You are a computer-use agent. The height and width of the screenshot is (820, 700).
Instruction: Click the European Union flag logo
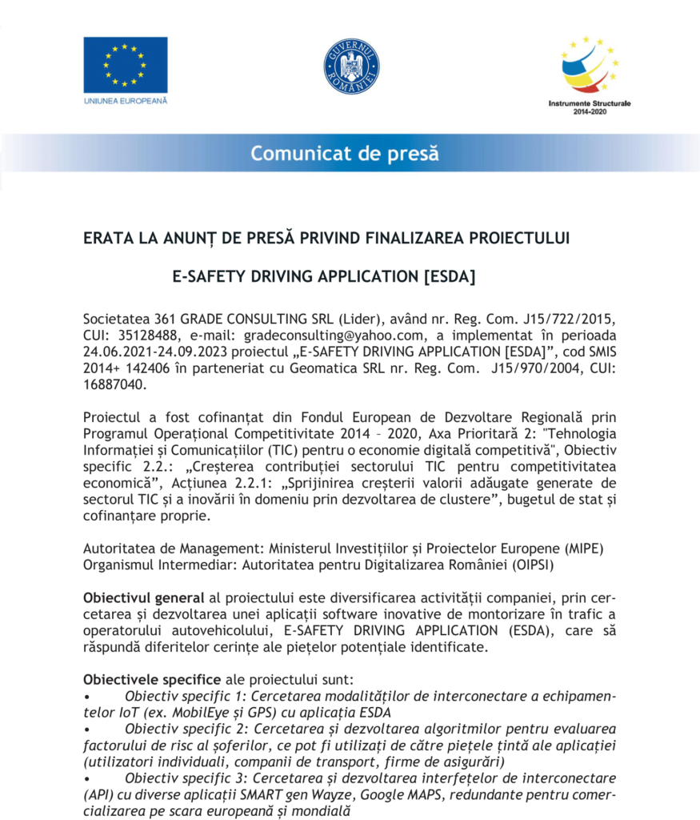(x=126, y=65)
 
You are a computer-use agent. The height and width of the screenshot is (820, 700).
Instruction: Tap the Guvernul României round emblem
(x=351, y=66)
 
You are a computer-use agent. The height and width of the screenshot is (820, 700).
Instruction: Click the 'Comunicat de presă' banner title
(x=345, y=153)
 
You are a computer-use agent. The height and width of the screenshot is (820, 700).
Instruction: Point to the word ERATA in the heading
(x=106, y=238)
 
